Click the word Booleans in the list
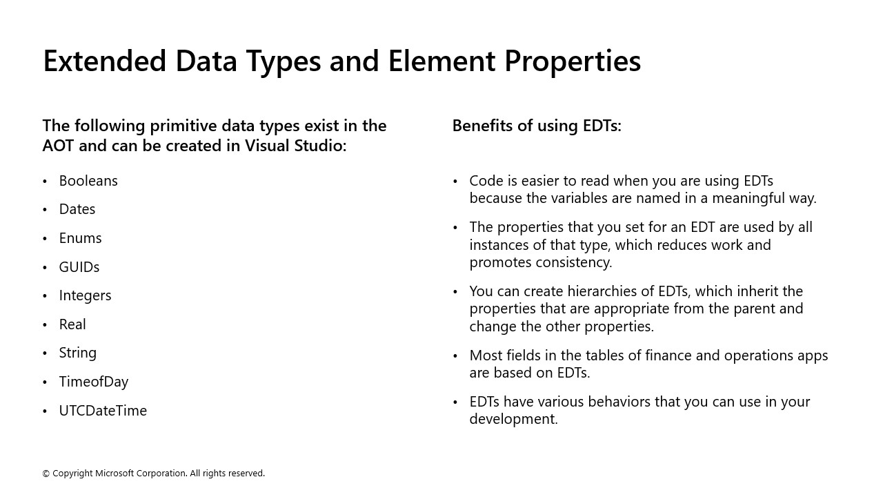click(88, 181)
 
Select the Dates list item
click(77, 209)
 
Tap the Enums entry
click(80, 238)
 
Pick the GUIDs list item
click(79, 267)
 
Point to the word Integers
click(85, 295)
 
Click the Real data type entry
click(72, 324)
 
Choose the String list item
click(78, 353)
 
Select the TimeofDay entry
click(94, 382)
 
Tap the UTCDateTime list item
click(103, 411)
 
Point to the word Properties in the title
click(572, 61)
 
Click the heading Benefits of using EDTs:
click(537, 126)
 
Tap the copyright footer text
click(153, 474)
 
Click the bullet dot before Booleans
click(45, 182)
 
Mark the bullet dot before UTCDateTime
click(45, 411)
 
